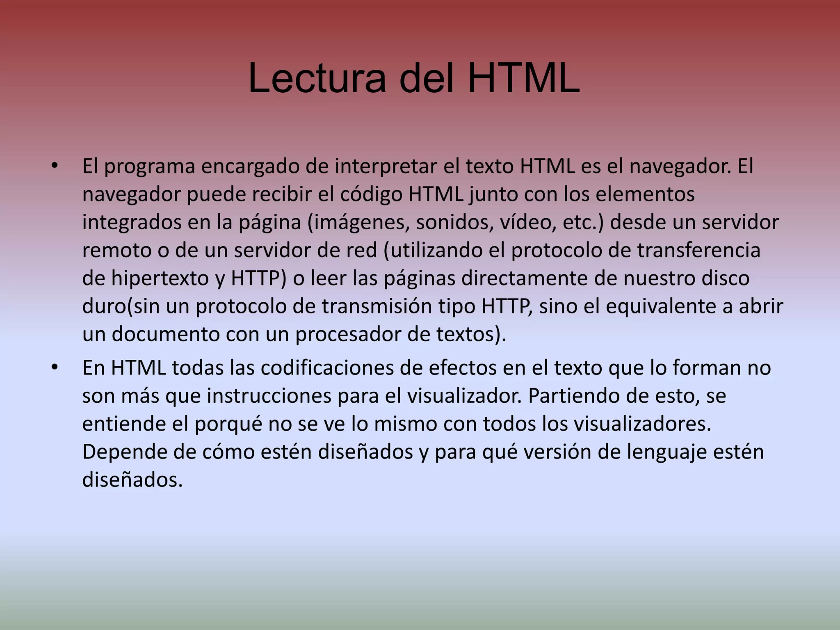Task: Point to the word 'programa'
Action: [150, 167]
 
